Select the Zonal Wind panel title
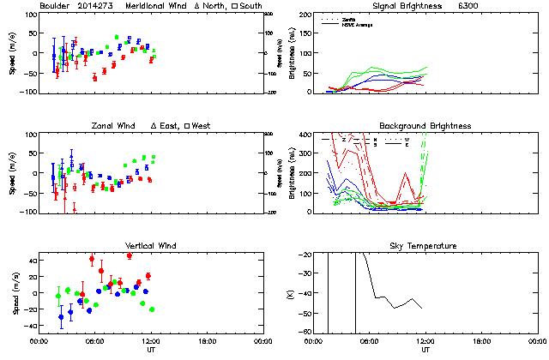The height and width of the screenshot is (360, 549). point(115,126)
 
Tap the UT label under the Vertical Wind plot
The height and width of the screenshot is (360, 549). point(150,350)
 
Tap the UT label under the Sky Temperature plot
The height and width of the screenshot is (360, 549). point(425,350)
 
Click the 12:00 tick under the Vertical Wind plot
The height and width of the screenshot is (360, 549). point(150,341)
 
